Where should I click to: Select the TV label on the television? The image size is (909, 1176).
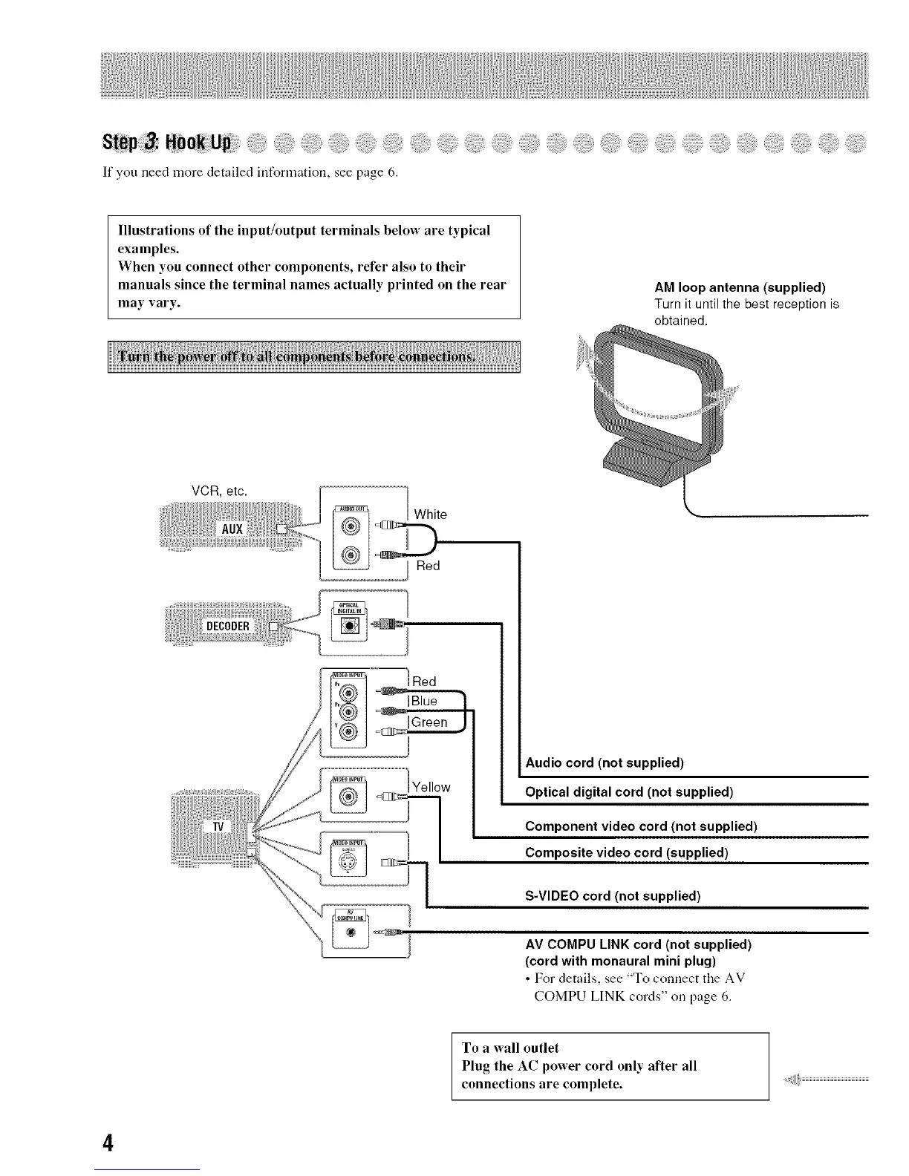point(218,826)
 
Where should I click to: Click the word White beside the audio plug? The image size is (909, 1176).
point(431,514)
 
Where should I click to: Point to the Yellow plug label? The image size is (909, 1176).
point(431,787)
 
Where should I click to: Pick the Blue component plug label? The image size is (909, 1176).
point(425,701)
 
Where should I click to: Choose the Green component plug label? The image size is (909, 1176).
point(429,722)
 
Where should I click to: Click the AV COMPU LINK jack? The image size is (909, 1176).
point(352,932)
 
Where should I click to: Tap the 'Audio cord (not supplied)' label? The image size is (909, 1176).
point(605,763)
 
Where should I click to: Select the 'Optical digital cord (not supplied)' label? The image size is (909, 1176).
point(629,791)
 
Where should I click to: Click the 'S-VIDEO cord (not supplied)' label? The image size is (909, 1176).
point(613,895)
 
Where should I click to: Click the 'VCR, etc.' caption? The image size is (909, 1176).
point(219,491)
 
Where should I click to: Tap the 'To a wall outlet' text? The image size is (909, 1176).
point(510,1048)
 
